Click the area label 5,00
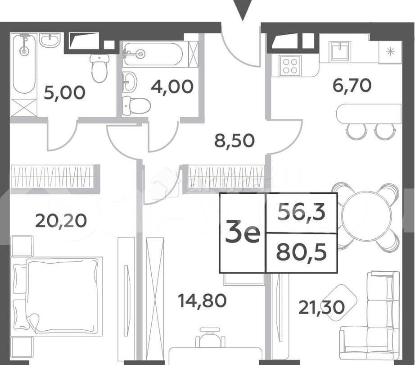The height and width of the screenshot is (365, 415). coord(64,93)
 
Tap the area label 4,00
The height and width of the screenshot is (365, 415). coord(173,86)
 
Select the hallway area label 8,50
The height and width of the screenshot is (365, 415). coord(234,141)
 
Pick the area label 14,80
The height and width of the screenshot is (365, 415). coord(202,300)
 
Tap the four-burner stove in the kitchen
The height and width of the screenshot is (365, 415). coord(290,65)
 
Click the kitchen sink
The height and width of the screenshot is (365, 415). coord(341,51)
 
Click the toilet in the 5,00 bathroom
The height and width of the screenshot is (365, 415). coord(99,67)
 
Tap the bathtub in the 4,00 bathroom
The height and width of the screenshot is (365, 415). coord(153,54)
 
